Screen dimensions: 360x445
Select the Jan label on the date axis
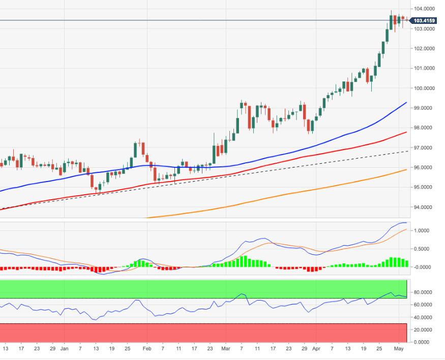tap(64, 349)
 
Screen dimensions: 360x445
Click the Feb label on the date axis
tap(147, 349)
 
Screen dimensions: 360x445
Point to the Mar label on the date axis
tap(226, 349)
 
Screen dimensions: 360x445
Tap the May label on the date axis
tap(399, 349)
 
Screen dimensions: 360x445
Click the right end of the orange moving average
tap(406, 170)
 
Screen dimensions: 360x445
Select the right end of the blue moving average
tap(406, 102)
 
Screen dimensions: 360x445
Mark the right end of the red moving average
tap(406, 132)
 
